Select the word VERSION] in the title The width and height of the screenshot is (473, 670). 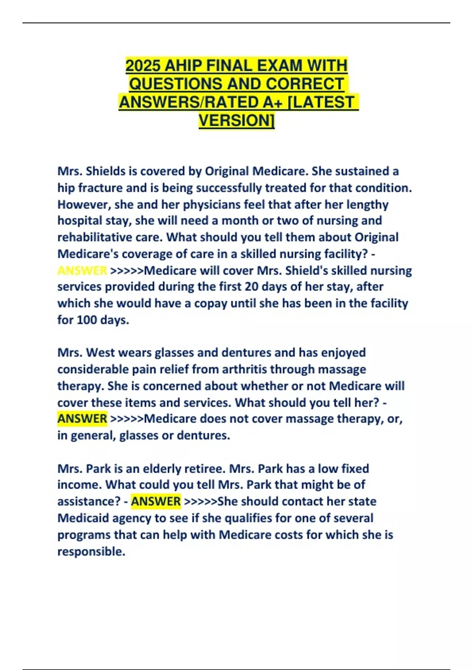(x=236, y=121)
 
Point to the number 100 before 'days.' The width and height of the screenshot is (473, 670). (x=86, y=320)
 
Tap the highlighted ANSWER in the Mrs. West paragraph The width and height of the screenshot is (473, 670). (x=82, y=419)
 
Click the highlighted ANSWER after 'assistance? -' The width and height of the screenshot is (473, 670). (x=156, y=501)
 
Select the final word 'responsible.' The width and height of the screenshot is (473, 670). (x=91, y=551)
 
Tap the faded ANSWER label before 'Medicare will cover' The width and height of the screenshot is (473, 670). (x=82, y=270)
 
